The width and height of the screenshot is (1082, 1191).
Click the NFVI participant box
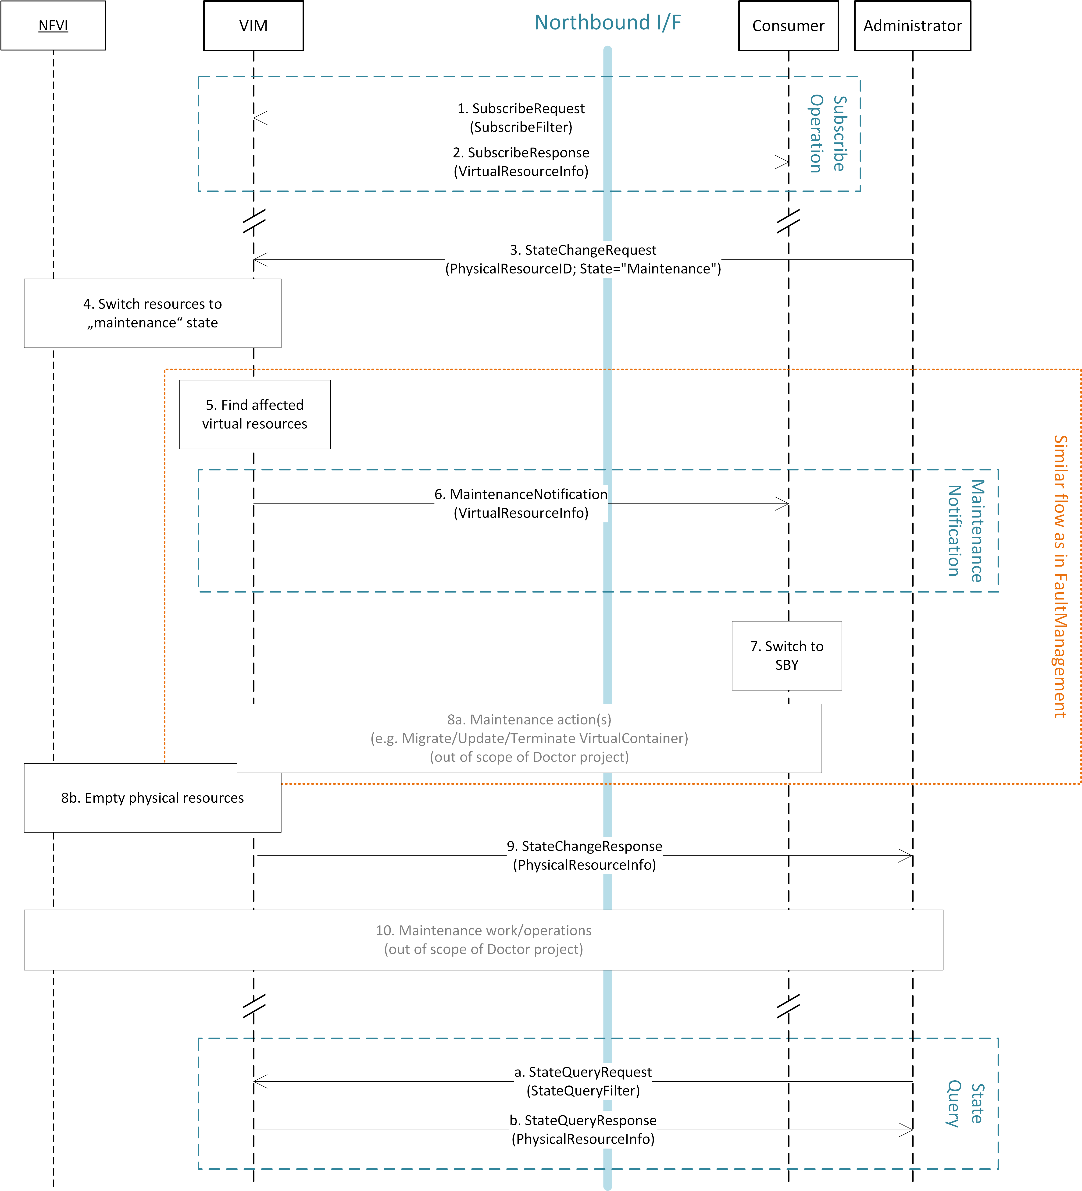point(53,25)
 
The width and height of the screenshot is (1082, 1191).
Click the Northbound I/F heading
point(607,22)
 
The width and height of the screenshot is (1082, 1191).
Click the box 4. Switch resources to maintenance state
point(153,313)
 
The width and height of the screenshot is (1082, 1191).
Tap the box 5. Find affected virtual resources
point(255,414)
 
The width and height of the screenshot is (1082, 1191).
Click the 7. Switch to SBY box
point(786,655)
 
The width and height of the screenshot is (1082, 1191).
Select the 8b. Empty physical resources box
point(153,798)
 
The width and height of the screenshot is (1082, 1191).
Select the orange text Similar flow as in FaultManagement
point(1060,576)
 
